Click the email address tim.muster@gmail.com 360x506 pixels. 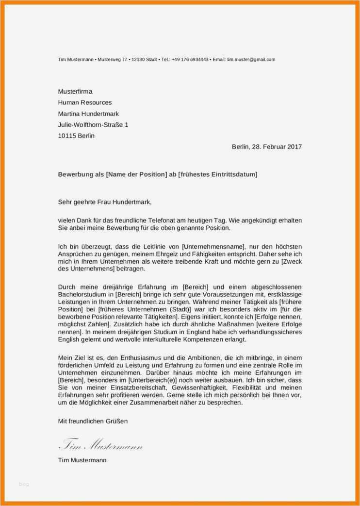(251, 60)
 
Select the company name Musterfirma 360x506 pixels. (75, 91)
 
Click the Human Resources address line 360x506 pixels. (85, 102)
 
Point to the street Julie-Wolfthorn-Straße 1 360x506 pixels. (93, 125)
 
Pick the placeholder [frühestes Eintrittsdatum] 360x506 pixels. (218, 174)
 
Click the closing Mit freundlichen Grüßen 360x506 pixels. (93, 422)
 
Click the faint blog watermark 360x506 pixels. (24, 484)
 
